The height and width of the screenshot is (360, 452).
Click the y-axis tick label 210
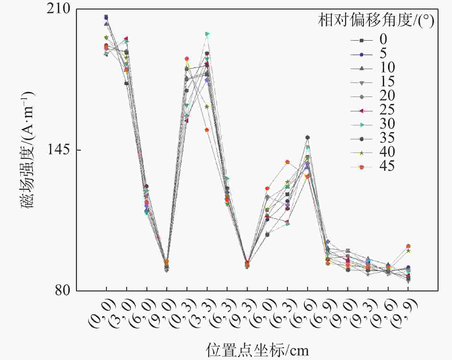[x=58, y=9]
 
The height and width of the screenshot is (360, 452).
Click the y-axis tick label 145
[x=58, y=150]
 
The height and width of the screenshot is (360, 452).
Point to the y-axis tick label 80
[x=63, y=290]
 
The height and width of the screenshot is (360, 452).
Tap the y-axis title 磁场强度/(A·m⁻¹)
[x=28, y=150]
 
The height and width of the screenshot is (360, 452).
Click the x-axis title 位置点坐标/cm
[x=257, y=350]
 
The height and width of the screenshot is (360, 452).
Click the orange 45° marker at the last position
[x=408, y=246]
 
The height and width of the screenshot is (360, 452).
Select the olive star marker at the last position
[x=408, y=251]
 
